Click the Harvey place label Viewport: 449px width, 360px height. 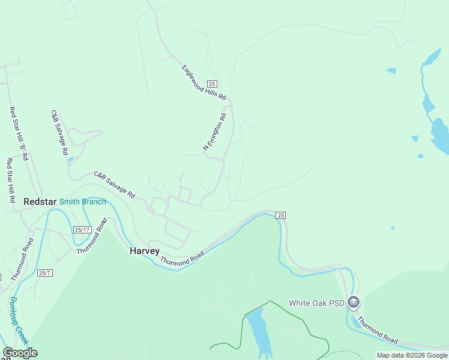click(x=145, y=251)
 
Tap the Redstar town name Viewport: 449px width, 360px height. click(x=40, y=202)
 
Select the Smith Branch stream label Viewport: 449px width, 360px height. click(x=82, y=202)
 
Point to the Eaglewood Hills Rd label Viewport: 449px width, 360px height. click(x=204, y=83)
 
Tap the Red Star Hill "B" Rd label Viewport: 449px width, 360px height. click(x=18, y=133)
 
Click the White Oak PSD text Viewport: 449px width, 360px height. click(x=316, y=303)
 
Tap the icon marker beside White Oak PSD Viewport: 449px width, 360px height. click(x=354, y=302)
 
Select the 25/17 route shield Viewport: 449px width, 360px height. click(x=82, y=230)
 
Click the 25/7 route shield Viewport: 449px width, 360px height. click(x=44, y=273)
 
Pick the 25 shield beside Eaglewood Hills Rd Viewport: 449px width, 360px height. click(x=212, y=83)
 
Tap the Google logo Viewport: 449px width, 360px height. click(x=20, y=353)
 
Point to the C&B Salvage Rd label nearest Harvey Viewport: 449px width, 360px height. click(x=115, y=185)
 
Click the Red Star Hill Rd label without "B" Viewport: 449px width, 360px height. click(x=10, y=181)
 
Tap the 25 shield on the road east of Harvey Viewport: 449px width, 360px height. click(x=280, y=215)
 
